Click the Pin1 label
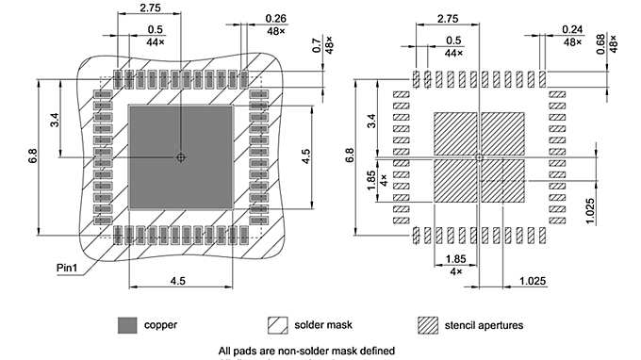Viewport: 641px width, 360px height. click(65, 269)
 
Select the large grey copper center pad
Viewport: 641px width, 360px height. click(180, 156)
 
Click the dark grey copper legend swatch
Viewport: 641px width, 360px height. click(127, 325)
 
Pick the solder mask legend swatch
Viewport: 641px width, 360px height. click(277, 325)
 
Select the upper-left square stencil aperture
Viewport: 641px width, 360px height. click(454, 134)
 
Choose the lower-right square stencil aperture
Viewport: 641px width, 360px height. click(501, 181)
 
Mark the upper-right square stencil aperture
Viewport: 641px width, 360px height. click(501, 134)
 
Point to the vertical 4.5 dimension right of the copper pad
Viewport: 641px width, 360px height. click(305, 156)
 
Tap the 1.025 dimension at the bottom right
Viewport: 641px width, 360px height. click(534, 281)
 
